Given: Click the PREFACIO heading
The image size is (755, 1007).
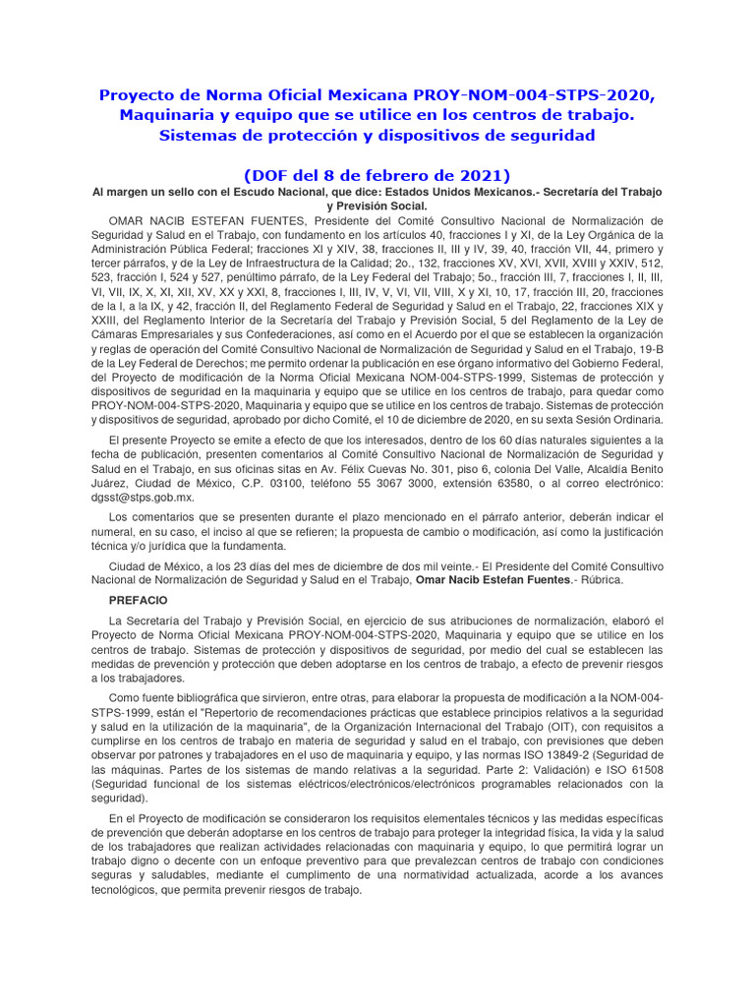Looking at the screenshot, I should pyautogui.click(x=139, y=599).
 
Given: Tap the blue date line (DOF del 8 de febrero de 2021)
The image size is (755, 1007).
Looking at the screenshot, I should pyautogui.click(x=377, y=174).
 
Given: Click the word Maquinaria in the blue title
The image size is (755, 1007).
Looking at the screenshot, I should pyautogui.click(x=169, y=115).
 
